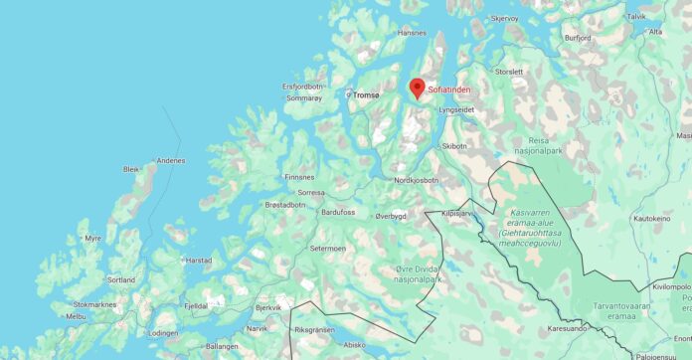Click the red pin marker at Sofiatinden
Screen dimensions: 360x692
[x=418, y=88]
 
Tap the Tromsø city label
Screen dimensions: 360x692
[x=366, y=95]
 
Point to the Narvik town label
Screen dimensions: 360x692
[x=257, y=328]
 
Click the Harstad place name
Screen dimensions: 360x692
[x=198, y=261]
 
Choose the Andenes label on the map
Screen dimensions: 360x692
[x=171, y=160]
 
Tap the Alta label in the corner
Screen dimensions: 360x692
[x=655, y=32]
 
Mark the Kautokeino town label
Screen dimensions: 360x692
[x=652, y=218]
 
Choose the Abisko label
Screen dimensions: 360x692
[x=354, y=345]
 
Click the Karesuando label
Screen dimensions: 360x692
[x=567, y=327]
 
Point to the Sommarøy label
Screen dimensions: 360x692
[x=303, y=99]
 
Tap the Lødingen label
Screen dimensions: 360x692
[x=163, y=334]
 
